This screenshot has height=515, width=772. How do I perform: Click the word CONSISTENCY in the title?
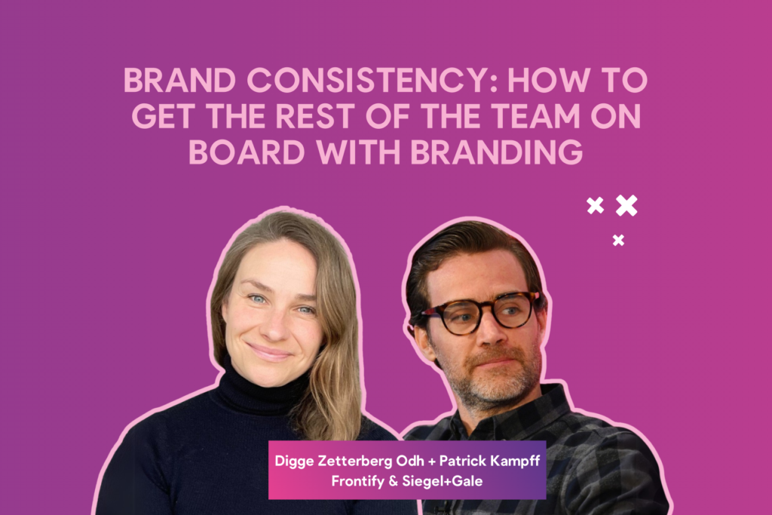tap(372, 80)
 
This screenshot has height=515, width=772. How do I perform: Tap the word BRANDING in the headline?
tap(496, 152)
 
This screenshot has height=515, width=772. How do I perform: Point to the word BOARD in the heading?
tap(247, 152)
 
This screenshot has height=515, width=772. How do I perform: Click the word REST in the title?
tap(314, 116)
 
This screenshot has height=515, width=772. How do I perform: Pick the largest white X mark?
tap(626, 205)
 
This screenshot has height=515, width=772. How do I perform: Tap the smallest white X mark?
tap(618, 240)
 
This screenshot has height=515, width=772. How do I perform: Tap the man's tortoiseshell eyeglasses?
tap(480, 311)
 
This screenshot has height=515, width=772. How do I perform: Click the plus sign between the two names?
tap(432, 461)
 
